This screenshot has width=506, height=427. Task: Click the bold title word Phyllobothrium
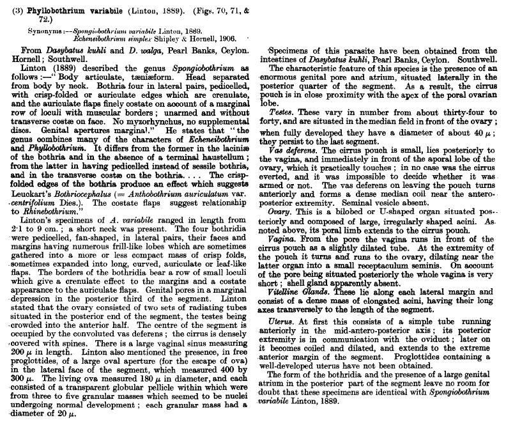pos(58,7)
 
